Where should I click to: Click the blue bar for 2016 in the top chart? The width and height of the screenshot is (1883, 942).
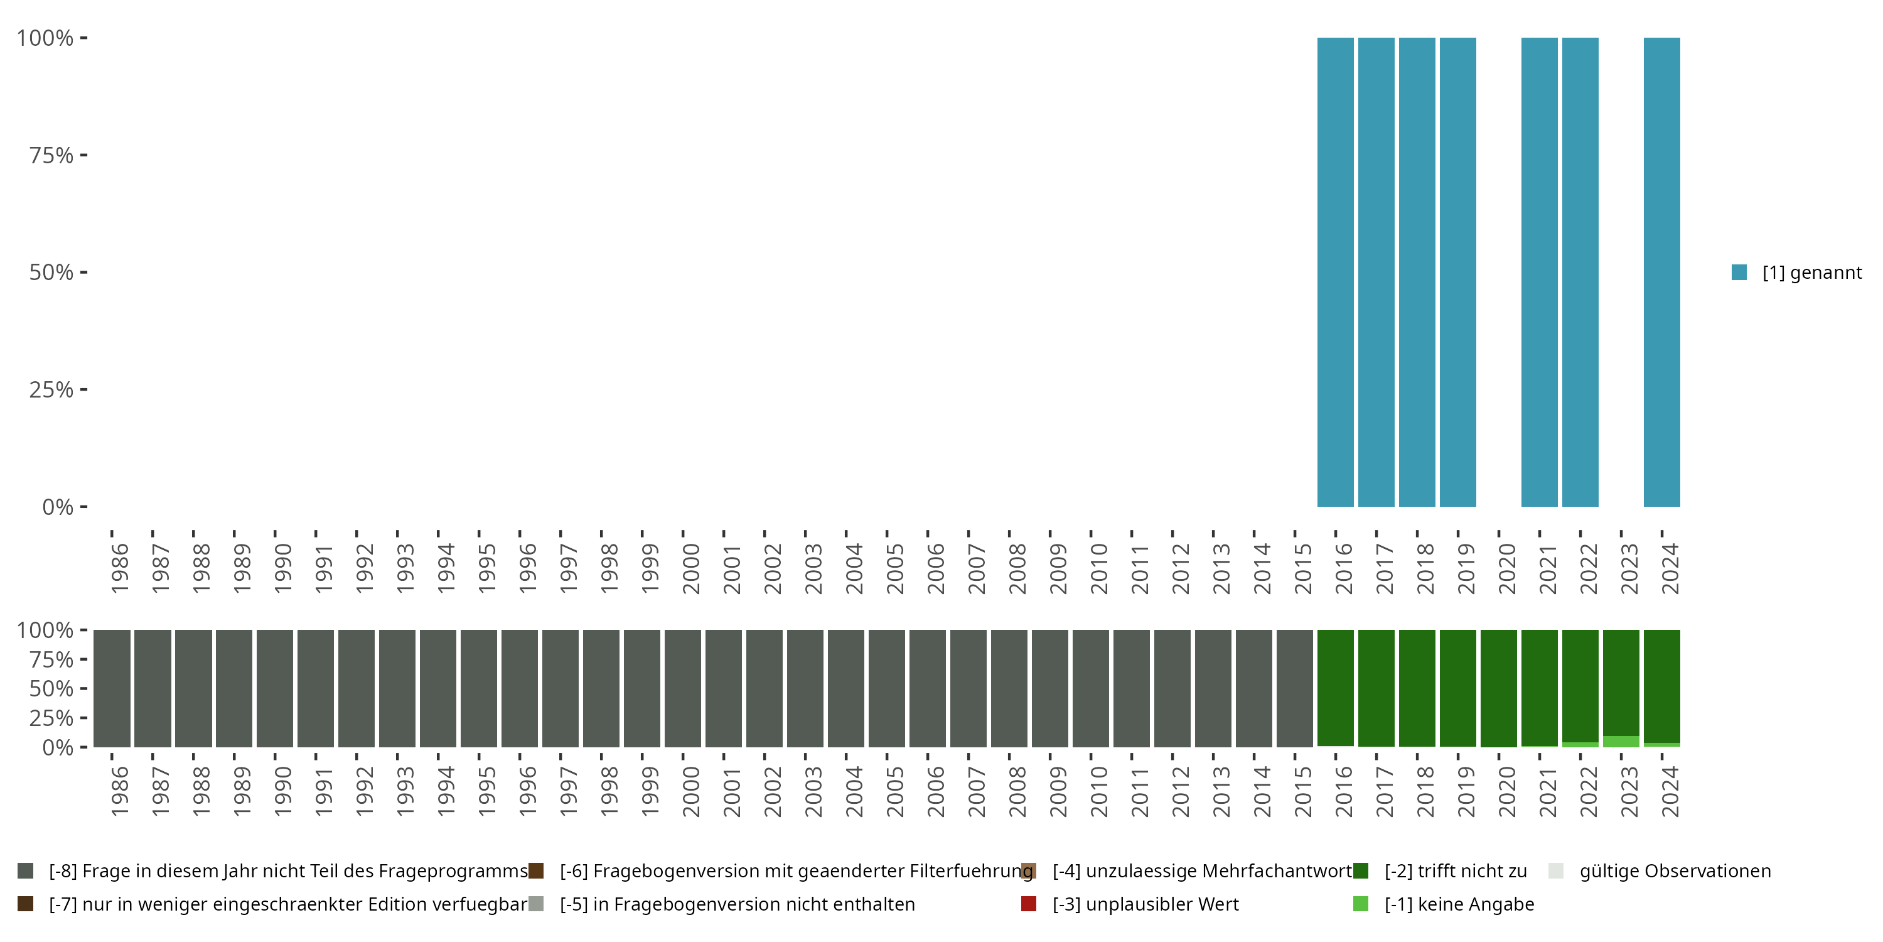(1335, 272)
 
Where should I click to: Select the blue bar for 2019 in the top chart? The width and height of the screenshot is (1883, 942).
(1457, 272)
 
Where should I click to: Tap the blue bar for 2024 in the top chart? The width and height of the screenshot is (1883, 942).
(1661, 272)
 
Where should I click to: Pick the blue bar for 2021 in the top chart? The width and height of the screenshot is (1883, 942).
(1540, 272)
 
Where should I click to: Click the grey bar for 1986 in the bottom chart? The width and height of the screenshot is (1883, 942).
(112, 688)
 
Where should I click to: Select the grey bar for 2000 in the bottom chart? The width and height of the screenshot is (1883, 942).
(683, 688)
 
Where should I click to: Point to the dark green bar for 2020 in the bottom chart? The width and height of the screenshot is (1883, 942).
(1498, 688)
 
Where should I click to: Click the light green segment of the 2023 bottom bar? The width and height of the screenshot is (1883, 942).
(1621, 742)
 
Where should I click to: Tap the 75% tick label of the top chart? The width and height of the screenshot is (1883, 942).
(51, 155)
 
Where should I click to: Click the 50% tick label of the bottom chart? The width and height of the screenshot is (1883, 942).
(51, 689)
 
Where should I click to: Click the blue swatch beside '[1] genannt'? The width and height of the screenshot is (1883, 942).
(1739, 273)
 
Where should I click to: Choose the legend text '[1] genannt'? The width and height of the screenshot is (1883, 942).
(1811, 273)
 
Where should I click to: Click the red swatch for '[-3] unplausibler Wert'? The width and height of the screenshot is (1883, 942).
(1029, 904)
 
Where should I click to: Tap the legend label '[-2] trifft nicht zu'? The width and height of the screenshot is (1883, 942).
(1456, 871)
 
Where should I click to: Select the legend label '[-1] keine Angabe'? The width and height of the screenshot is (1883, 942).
(1459, 904)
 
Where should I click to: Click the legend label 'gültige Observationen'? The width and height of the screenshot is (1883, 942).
(1675, 871)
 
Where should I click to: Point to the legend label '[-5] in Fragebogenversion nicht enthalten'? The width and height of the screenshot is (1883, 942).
(737, 904)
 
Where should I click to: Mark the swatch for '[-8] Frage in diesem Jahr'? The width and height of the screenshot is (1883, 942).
(26, 871)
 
